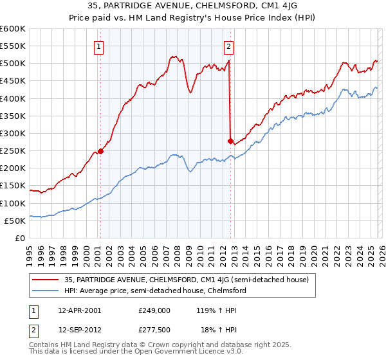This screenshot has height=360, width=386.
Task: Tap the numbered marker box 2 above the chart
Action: coord(229,46)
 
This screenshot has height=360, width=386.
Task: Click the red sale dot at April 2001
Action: coord(100,151)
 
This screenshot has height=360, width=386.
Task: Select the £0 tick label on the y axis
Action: coord(21,238)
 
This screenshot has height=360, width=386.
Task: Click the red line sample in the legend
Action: coord(46,280)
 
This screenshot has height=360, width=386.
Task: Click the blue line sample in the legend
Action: coord(46,291)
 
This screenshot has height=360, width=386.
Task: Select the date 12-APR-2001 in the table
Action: coord(79,310)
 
